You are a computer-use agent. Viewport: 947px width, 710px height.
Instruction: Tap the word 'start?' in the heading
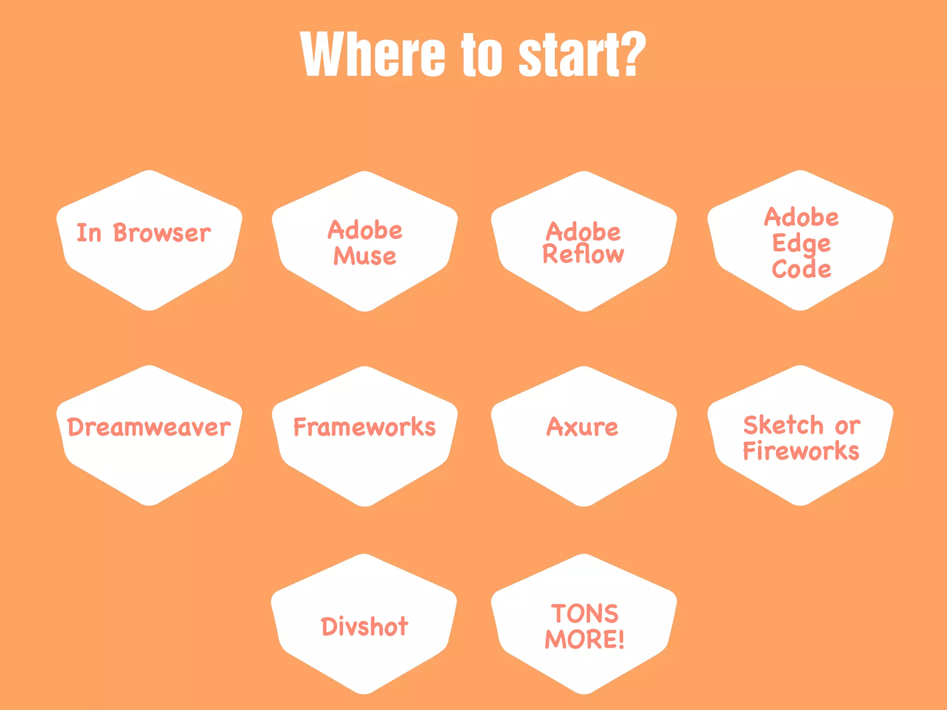[582, 55]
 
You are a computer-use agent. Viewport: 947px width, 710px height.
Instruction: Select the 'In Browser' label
[143, 233]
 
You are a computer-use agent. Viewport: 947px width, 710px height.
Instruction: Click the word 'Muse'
[365, 256]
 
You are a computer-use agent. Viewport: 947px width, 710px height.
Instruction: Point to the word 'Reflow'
[583, 254]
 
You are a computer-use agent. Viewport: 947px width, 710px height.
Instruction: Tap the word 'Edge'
[801, 244]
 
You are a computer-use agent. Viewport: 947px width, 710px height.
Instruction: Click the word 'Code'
[801, 269]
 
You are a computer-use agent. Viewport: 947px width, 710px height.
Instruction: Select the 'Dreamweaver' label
[149, 427]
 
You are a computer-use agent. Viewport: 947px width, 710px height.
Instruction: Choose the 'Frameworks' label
[364, 427]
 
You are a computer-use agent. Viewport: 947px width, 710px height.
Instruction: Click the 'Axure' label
[582, 427]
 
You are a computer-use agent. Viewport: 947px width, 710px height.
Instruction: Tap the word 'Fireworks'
[801, 451]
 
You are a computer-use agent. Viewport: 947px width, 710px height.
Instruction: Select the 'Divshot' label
[364, 627]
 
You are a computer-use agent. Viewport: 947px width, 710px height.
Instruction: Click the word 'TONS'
[584, 614]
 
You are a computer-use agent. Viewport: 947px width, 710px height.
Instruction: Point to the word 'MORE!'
[584, 640]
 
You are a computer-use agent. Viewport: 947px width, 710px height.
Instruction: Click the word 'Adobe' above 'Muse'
[365, 230]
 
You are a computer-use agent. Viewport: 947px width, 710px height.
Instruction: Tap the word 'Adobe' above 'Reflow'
[583, 231]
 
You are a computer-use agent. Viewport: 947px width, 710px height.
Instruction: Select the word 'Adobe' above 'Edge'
[801, 217]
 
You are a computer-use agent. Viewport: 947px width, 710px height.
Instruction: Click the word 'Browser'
[162, 233]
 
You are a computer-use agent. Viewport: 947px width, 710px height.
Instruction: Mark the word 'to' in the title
[481, 55]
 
